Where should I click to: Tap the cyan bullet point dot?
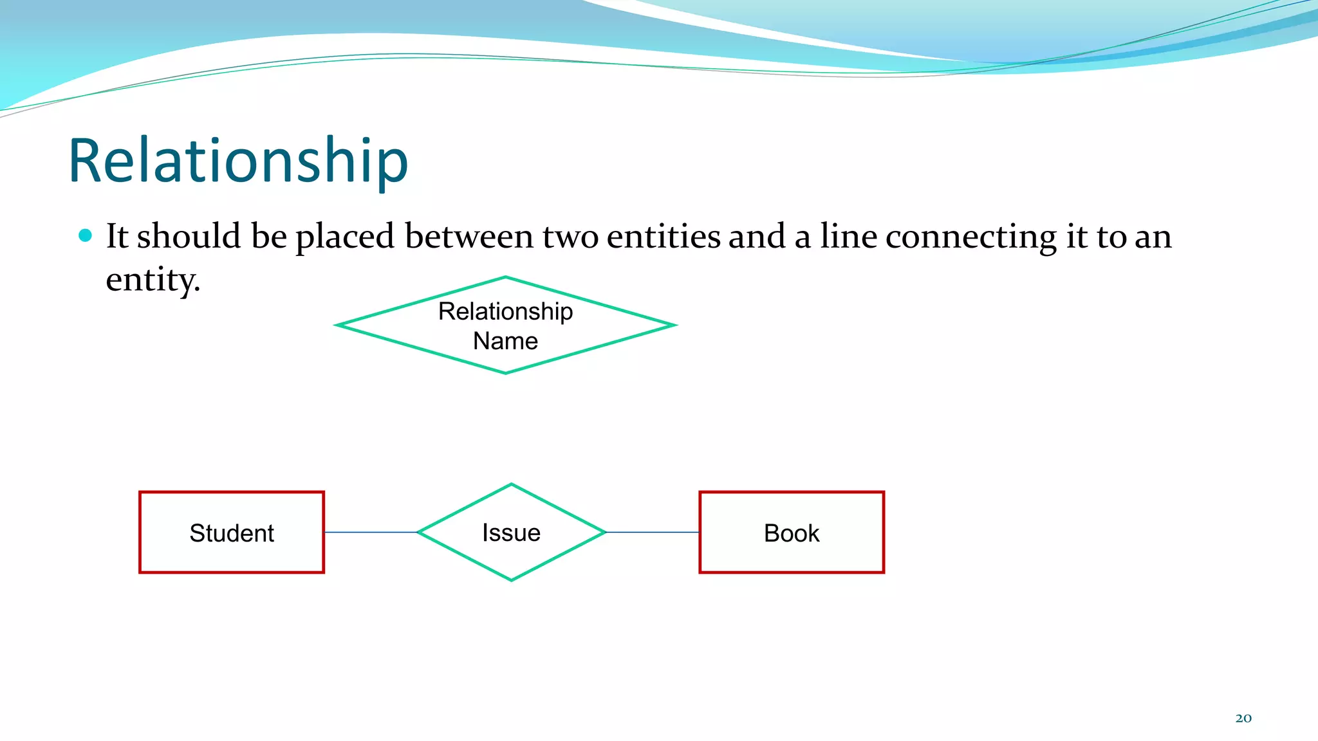[x=85, y=235]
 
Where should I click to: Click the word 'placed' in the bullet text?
[x=344, y=237]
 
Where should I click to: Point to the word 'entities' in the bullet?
[x=664, y=237]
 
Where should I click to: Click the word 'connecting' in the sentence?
[x=970, y=237]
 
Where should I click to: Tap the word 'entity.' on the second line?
[x=153, y=280]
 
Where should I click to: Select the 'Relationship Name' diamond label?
[x=505, y=325]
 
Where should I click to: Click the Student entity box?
[x=232, y=533]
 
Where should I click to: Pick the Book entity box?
[x=792, y=533]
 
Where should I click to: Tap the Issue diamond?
[x=512, y=533]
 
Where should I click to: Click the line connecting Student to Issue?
[x=371, y=533]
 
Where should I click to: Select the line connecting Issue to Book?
[x=653, y=533]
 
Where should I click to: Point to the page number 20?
[x=1243, y=718]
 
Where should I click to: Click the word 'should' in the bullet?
[x=189, y=237]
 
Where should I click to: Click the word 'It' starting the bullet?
[x=117, y=237]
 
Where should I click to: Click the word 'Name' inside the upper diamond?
[x=505, y=341]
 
